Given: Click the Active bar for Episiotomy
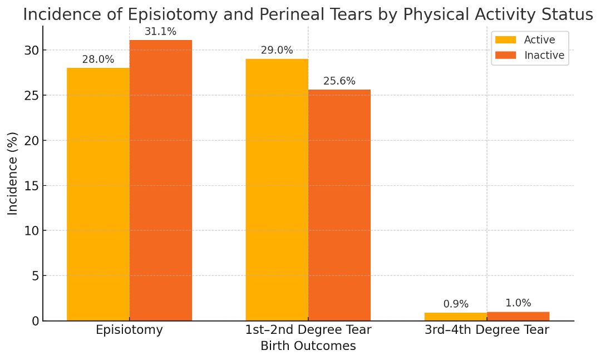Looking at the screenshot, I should [x=98, y=194].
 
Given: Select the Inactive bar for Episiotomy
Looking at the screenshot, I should [x=160, y=180].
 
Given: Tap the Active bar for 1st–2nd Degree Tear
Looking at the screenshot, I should [x=277, y=190].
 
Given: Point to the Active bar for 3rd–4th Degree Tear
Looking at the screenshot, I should [x=456, y=317].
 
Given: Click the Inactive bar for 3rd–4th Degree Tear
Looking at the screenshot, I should [x=518, y=316].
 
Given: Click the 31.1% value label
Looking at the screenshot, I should [x=160, y=32].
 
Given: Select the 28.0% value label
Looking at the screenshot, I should [x=98, y=60].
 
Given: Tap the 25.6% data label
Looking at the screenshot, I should [x=339, y=81].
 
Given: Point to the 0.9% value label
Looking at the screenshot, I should [x=456, y=304].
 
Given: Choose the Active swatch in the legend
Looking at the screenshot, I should [x=505, y=40].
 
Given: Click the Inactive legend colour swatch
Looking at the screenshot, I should [x=505, y=55].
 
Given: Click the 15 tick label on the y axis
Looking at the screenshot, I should [x=31, y=186].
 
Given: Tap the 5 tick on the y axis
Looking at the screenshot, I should [x=35, y=276].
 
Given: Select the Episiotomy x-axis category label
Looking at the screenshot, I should [x=129, y=330].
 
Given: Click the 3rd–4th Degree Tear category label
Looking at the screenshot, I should [x=487, y=330].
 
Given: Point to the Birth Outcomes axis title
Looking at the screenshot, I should [x=308, y=346].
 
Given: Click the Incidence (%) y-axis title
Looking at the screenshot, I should [x=13, y=173].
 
